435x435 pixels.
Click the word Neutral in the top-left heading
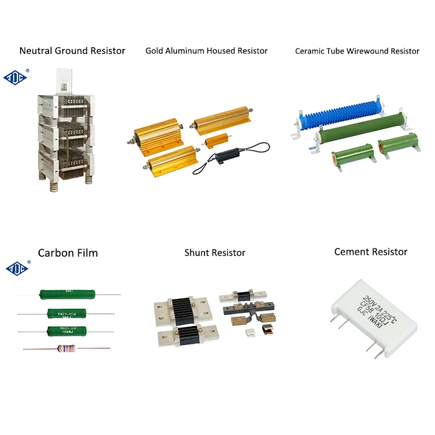pos(37,51)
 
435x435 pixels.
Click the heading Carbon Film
pos(68,253)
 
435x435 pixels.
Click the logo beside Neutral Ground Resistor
pos(16,77)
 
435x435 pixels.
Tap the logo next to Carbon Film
pos(16,268)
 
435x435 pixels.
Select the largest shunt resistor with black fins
pos(183,309)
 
